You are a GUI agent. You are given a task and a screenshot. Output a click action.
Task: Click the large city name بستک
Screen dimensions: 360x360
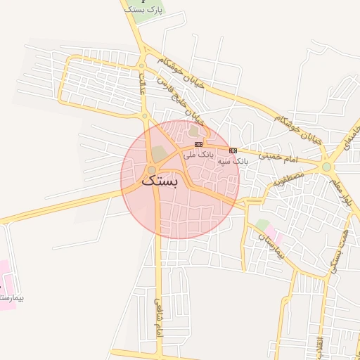[160, 180]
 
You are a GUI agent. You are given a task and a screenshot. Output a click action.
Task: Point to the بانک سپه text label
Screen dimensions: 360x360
[233, 161]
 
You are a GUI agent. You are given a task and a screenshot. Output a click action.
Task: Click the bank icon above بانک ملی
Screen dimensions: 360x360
[198, 144]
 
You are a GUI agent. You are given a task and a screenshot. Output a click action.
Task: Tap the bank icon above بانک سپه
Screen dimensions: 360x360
[233, 150]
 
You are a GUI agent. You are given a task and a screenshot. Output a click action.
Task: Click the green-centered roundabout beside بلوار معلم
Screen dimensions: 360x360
[326, 167]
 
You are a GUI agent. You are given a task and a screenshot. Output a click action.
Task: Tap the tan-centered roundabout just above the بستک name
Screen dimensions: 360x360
[152, 169]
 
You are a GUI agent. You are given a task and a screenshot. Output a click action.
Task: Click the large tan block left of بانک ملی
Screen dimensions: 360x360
[160, 152]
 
